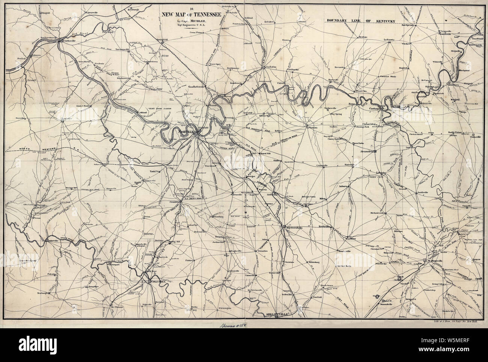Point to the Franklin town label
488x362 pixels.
[x=173, y=202]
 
